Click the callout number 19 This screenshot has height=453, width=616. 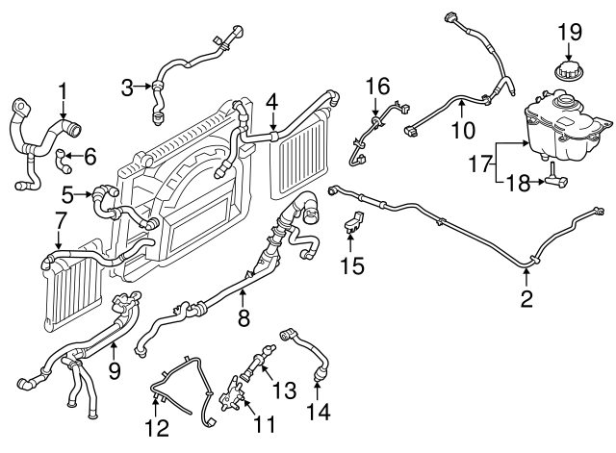click(x=570, y=32)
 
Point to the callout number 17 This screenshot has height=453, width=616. click(x=480, y=164)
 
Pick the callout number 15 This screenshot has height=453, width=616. click(x=352, y=265)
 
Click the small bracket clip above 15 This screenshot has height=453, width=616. click(x=353, y=222)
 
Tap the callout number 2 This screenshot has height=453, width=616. click(x=526, y=299)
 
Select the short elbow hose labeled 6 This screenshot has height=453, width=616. click(x=64, y=162)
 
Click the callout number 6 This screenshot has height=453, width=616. click(x=90, y=157)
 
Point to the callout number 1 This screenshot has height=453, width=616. click(x=63, y=91)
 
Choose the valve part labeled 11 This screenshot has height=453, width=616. click(x=232, y=393)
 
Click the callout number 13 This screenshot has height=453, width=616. click(x=284, y=390)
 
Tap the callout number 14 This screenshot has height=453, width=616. click(x=318, y=412)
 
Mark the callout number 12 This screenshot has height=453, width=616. click(x=157, y=428)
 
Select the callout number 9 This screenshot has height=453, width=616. click(x=114, y=370)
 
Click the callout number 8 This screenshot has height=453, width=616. click(x=244, y=317)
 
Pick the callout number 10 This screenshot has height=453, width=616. click(x=464, y=131)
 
